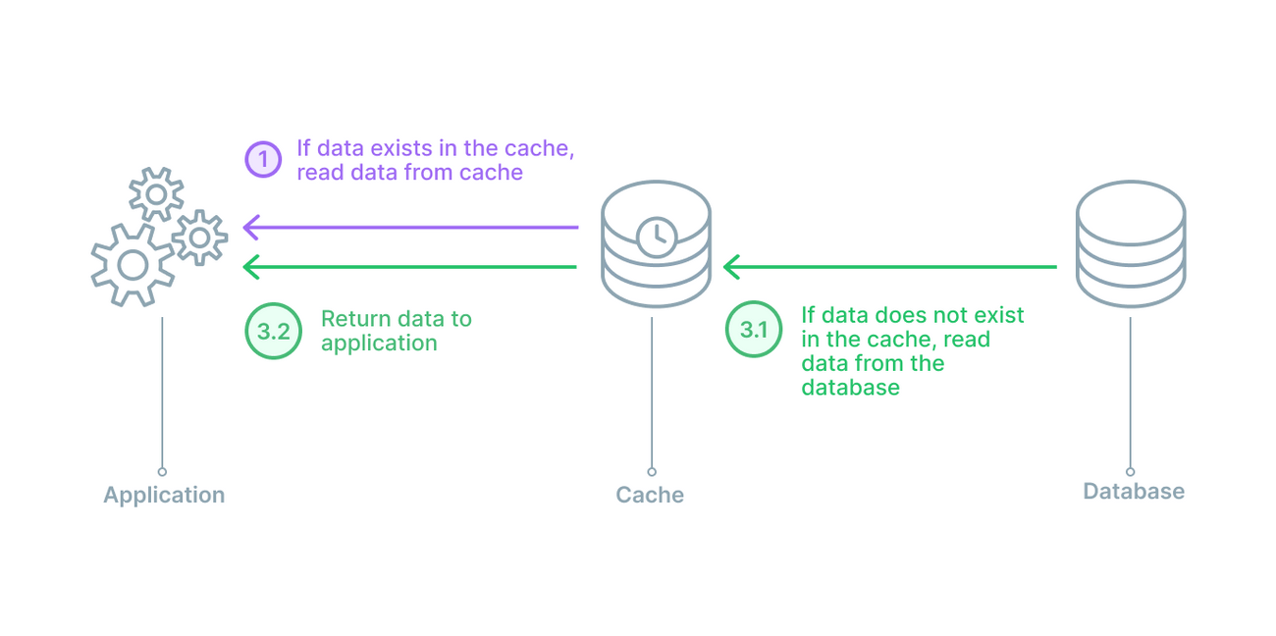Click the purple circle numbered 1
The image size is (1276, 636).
[x=263, y=159]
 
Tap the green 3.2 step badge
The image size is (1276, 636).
[x=273, y=331]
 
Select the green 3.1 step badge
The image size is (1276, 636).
[x=753, y=329]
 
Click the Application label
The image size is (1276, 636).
[x=164, y=495]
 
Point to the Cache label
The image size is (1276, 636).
[x=650, y=495]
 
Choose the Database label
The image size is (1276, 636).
[x=1134, y=491]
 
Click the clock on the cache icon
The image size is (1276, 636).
[x=656, y=236]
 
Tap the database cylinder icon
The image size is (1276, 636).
[x=1130, y=243]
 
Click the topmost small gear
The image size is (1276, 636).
[x=156, y=194]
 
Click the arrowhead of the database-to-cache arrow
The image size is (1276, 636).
[x=730, y=266]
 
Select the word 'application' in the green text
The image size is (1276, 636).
[x=379, y=343]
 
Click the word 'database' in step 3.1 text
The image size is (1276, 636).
[x=850, y=387]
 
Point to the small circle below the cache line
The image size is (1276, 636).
[x=652, y=472]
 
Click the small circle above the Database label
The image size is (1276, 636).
[x=1130, y=472]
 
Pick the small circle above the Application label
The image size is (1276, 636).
[x=162, y=472]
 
